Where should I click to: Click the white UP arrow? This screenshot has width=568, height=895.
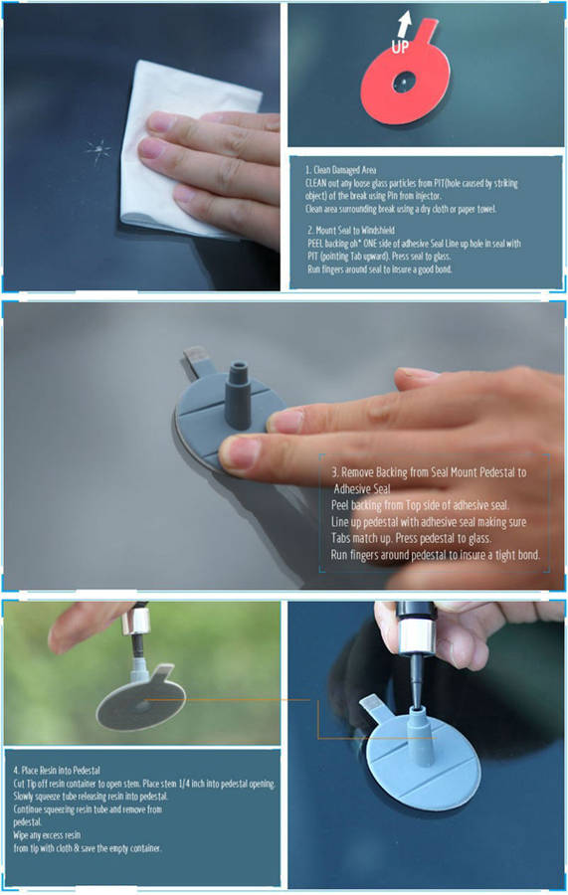405,25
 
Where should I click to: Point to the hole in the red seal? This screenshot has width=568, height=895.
404,83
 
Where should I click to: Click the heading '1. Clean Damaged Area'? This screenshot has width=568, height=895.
341,169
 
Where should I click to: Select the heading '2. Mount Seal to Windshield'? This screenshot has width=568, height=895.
351,230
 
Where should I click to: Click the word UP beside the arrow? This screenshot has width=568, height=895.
400,47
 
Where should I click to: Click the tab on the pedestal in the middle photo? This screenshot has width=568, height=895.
195,360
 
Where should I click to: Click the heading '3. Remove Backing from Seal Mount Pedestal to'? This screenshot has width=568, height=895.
429,472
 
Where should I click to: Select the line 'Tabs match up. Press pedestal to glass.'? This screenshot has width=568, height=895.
411,538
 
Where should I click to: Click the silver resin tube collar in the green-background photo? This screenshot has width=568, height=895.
136,620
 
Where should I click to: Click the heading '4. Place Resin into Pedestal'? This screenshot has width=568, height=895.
57,770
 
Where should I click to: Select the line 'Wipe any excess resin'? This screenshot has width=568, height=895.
47,835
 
